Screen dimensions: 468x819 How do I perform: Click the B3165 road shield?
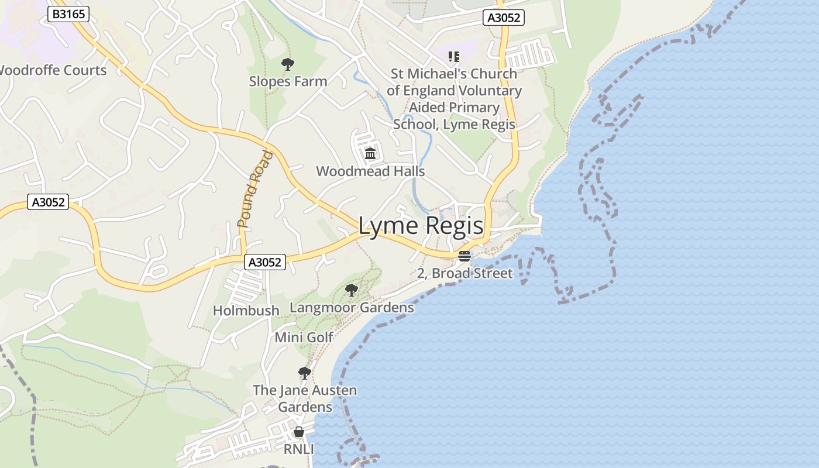click(68, 14)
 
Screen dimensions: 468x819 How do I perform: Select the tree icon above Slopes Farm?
click(287, 64)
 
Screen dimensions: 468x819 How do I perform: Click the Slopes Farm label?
click(288, 81)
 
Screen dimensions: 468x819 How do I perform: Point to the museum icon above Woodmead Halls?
click(370, 154)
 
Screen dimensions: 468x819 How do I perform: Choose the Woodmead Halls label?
click(370, 171)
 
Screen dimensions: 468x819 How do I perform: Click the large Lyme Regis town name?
click(421, 226)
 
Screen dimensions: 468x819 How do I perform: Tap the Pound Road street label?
click(255, 189)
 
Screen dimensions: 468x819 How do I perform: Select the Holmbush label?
click(246, 311)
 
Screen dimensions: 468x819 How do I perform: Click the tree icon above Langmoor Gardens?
click(351, 290)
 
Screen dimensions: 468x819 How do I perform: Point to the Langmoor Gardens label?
click(352, 308)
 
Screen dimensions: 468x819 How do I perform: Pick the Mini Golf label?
click(304, 338)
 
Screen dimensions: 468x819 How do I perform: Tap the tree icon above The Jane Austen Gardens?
click(304, 373)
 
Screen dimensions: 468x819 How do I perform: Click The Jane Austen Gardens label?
click(305, 398)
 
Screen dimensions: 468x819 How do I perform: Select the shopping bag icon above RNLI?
click(299, 432)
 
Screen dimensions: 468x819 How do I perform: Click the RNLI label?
click(299, 449)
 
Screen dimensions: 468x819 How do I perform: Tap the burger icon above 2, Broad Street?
click(464, 256)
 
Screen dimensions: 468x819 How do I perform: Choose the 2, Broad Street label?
click(464, 273)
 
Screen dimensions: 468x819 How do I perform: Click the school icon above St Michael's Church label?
click(453, 57)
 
